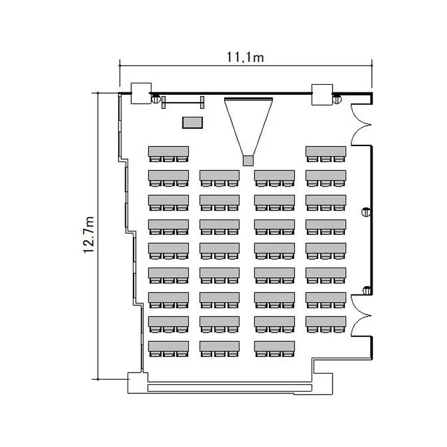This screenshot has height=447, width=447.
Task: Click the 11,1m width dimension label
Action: [x=246, y=57]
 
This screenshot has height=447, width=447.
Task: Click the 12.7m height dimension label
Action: [x=89, y=235]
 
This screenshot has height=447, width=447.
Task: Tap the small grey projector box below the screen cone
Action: [x=249, y=160]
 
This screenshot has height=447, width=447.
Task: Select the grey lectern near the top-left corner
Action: [x=192, y=122]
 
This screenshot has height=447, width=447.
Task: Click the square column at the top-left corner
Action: [x=141, y=93]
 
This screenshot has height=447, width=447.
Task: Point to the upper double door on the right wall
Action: [x=361, y=124]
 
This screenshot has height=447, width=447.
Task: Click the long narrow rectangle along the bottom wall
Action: [x=229, y=387]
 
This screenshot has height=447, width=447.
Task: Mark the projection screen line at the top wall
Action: [x=249, y=97]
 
